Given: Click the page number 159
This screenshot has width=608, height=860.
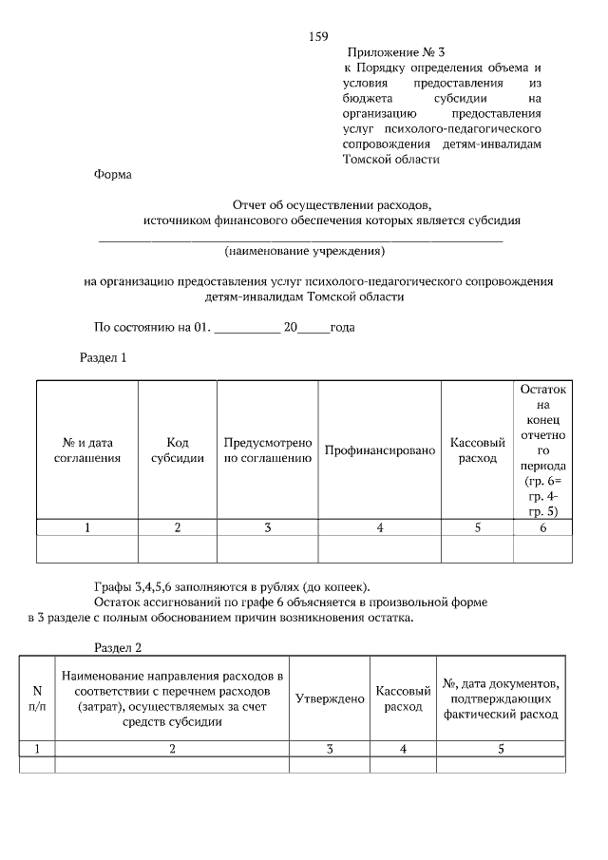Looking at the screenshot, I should pos(318,36).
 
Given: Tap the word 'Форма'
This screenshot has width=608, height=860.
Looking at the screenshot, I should pos(113,175).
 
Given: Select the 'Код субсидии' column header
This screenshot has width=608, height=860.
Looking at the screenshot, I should pos(178,450).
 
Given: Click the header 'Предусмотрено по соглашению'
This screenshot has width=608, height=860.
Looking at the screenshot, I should pos(268,450).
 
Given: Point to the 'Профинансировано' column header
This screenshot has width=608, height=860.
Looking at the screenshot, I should pos(379,449).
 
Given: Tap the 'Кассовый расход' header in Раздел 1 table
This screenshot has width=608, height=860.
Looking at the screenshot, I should pos(477,450).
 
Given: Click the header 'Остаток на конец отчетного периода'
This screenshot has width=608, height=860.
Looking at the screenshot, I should pos(543,450).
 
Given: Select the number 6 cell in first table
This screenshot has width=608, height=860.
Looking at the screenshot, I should pos(543,528).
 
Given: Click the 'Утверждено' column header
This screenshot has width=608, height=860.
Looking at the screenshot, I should pos(330,698).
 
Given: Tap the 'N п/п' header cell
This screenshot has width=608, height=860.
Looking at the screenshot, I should pos(38,698).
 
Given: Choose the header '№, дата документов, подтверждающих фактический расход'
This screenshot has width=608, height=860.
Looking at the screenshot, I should pos(501,698).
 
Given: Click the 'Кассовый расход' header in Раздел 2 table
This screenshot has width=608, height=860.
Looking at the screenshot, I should pos(403,698).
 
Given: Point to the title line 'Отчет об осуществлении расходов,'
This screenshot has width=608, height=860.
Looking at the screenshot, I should pos(332,204).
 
